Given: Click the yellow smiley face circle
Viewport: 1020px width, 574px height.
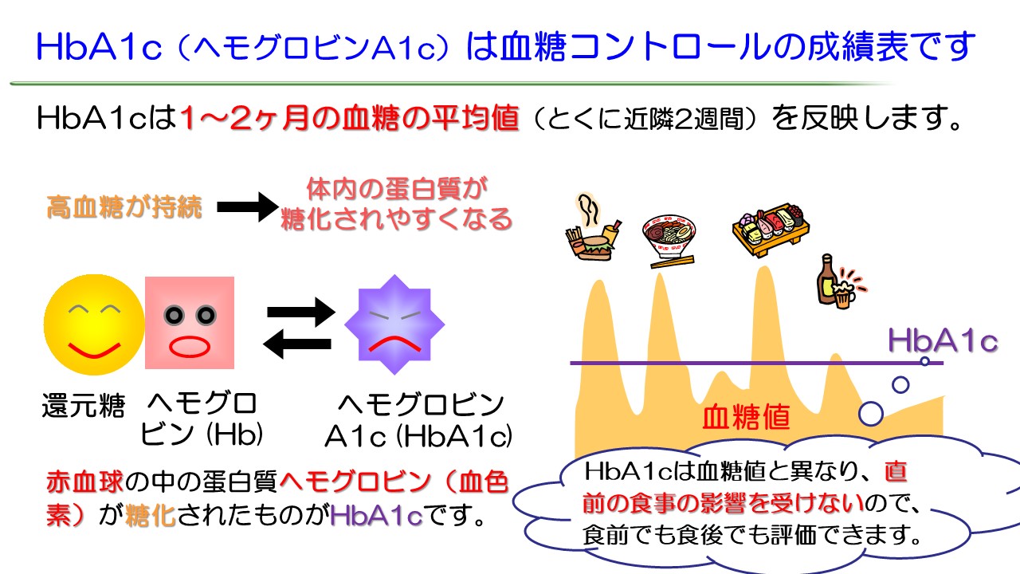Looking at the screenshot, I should (x=94, y=325).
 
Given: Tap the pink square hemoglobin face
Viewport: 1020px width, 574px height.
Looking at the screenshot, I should (x=190, y=322).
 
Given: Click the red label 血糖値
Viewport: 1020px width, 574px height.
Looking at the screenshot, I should (x=746, y=417).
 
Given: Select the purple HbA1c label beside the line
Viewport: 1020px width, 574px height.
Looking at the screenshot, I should (x=943, y=341).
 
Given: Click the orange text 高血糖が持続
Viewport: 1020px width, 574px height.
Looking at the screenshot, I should (x=124, y=209).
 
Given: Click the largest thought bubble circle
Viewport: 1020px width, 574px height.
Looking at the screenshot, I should (x=870, y=414).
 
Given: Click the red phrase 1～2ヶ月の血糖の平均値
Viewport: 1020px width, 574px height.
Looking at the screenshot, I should (x=350, y=120).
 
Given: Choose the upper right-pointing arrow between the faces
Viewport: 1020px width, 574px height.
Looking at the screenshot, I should (x=300, y=312).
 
